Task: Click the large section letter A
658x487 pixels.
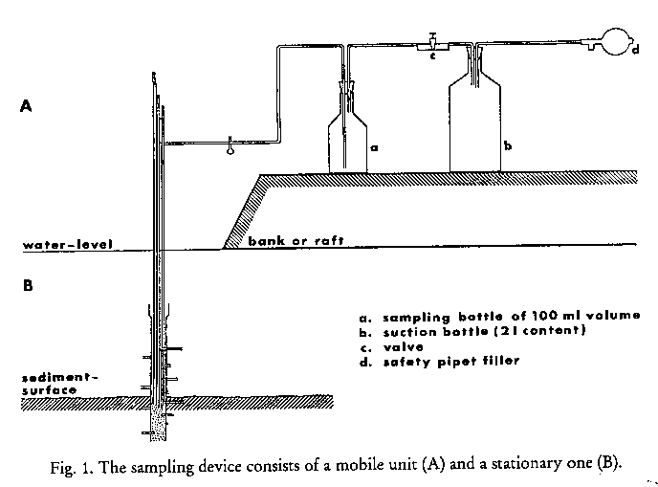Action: coord(28,107)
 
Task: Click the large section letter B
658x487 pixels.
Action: coord(28,284)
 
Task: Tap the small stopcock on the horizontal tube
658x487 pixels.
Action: coord(230,145)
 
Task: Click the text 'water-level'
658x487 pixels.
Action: coord(67,246)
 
